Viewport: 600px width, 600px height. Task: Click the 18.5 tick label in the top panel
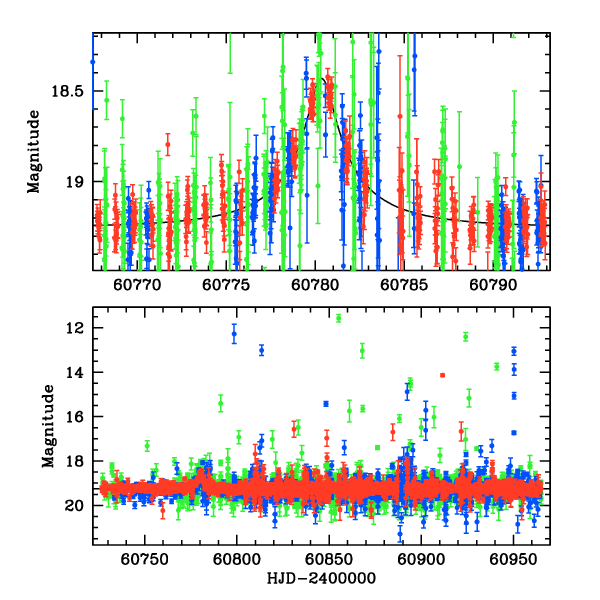pos(68,91)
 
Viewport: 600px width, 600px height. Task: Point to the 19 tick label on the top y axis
pos(74,182)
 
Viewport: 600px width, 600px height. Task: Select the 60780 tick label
pos(314,284)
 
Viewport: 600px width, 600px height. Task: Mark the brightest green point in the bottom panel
pos(339,318)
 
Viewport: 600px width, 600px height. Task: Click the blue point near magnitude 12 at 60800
pos(234,334)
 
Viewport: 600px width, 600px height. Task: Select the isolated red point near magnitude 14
pos(441,375)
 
